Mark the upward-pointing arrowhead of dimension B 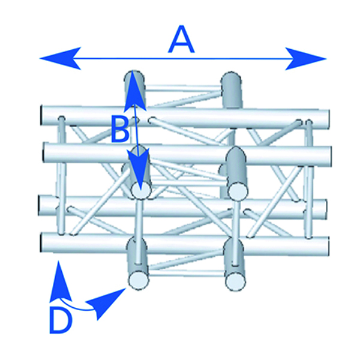(x=136, y=88)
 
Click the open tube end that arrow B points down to (x=142, y=191)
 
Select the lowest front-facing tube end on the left (x=139, y=280)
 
